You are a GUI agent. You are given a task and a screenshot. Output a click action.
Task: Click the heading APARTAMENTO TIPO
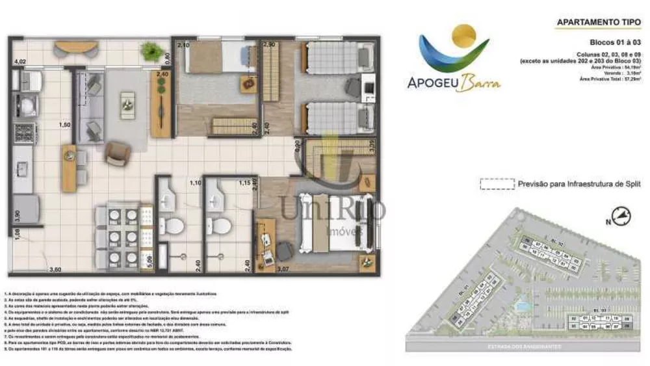tap(595, 22)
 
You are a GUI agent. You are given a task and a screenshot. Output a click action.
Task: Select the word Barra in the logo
tap(482, 84)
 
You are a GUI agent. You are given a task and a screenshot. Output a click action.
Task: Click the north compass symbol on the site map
tap(621, 216)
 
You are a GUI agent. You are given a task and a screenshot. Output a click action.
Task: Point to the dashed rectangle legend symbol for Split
tap(496, 185)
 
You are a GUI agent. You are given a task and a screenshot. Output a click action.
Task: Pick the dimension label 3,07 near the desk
tap(283, 268)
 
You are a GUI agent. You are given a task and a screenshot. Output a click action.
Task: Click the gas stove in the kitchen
tap(25, 133)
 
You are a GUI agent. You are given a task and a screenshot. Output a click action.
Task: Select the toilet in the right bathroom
tap(221, 227)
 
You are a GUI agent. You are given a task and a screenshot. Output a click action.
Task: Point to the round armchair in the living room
tap(117, 153)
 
